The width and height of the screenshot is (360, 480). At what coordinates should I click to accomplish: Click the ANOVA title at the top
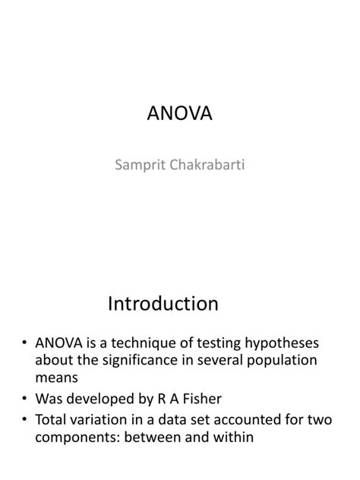(x=180, y=114)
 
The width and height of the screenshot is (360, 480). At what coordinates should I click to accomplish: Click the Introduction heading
(x=163, y=304)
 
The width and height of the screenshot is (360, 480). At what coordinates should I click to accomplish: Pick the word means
(x=55, y=377)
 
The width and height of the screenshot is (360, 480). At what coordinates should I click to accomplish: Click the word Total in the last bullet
(x=52, y=419)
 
